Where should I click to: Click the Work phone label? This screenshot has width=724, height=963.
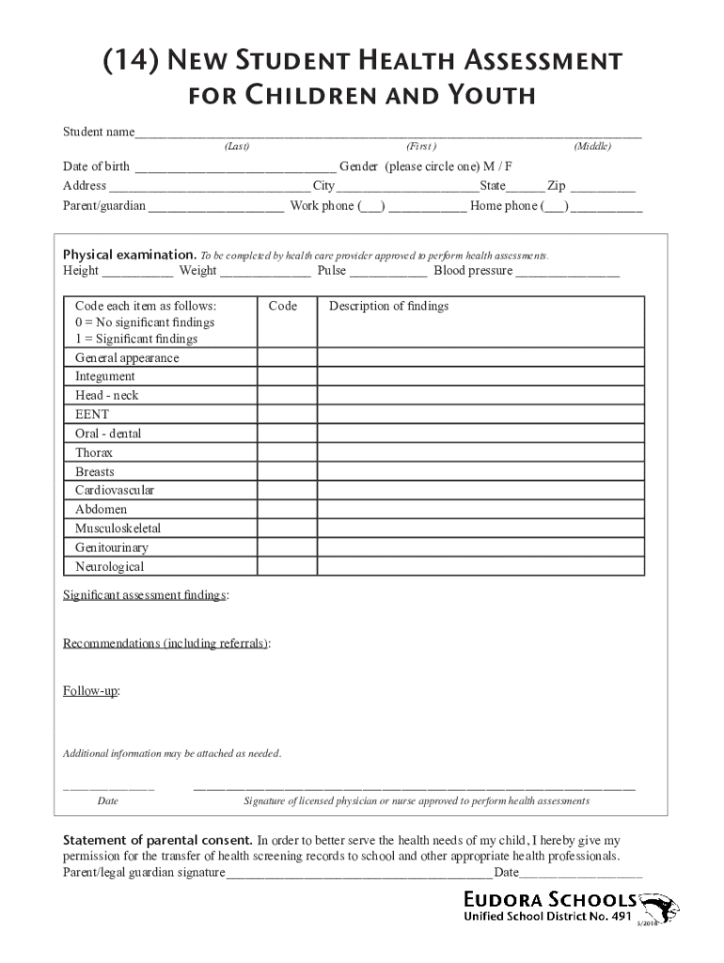tap(322, 206)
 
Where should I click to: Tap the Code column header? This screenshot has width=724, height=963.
tap(282, 307)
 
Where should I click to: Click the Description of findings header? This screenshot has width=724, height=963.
tap(388, 307)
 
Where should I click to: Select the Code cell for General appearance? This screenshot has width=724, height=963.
tap(288, 358)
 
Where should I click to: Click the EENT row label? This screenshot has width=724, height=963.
tap(92, 415)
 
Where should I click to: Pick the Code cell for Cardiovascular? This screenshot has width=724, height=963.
tap(288, 491)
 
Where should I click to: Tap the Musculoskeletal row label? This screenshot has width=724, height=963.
tap(118, 529)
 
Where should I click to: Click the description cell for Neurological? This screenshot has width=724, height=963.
tap(480, 567)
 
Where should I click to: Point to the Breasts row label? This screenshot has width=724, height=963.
tap(95, 472)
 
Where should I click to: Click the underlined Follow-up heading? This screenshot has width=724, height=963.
tap(90, 691)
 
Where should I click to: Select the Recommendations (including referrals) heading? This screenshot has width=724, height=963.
tap(165, 643)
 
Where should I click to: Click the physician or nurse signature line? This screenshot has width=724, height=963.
tap(414, 786)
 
